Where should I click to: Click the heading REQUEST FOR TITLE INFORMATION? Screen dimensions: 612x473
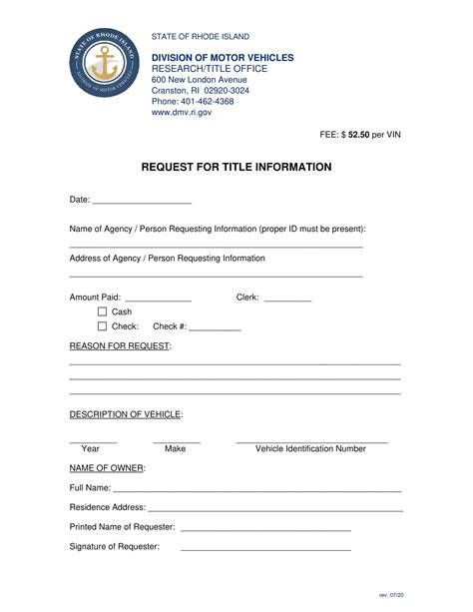236,167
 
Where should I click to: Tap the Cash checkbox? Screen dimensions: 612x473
102,311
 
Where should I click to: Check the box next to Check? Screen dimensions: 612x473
102,326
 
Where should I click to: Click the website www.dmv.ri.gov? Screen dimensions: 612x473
182,113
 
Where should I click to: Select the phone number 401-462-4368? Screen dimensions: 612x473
208,101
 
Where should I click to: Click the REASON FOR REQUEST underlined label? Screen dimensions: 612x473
120,346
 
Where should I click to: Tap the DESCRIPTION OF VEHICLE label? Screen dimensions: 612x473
126,413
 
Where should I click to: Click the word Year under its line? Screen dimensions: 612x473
91,449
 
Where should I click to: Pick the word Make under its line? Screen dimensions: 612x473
176,449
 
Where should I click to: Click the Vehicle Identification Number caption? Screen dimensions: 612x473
310,449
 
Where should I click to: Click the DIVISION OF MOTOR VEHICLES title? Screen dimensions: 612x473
223,58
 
